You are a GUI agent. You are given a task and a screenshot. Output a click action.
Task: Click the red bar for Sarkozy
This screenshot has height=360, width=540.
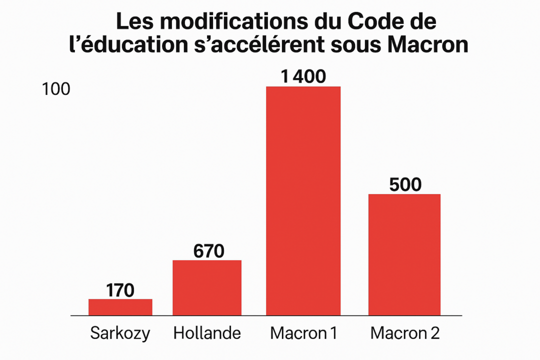[x=120, y=307]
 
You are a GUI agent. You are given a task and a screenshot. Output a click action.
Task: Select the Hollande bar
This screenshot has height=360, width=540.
[x=207, y=287]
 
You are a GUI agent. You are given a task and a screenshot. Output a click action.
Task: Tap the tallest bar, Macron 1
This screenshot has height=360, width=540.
[x=303, y=200]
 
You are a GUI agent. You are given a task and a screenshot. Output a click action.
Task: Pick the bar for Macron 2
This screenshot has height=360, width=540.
[x=404, y=254]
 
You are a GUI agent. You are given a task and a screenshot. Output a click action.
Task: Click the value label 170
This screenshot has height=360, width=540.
[x=120, y=290]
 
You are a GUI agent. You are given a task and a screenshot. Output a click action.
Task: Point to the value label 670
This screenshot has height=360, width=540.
[x=208, y=251]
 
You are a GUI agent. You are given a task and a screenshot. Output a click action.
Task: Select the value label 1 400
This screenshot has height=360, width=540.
[x=303, y=76]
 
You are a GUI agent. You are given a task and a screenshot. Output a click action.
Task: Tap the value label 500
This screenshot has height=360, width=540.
[x=405, y=185]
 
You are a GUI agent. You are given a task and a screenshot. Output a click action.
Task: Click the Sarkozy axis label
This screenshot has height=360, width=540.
[x=120, y=333]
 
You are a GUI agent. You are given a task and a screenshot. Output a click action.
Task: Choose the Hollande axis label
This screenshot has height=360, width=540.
[x=207, y=333]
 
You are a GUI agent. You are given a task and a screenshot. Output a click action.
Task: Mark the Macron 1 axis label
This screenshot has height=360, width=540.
[x=303, y=333]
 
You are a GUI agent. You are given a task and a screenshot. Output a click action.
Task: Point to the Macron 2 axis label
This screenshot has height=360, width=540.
[x=405, y=333]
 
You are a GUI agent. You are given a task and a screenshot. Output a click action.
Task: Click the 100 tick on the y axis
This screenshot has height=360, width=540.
[x=56, y=89]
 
